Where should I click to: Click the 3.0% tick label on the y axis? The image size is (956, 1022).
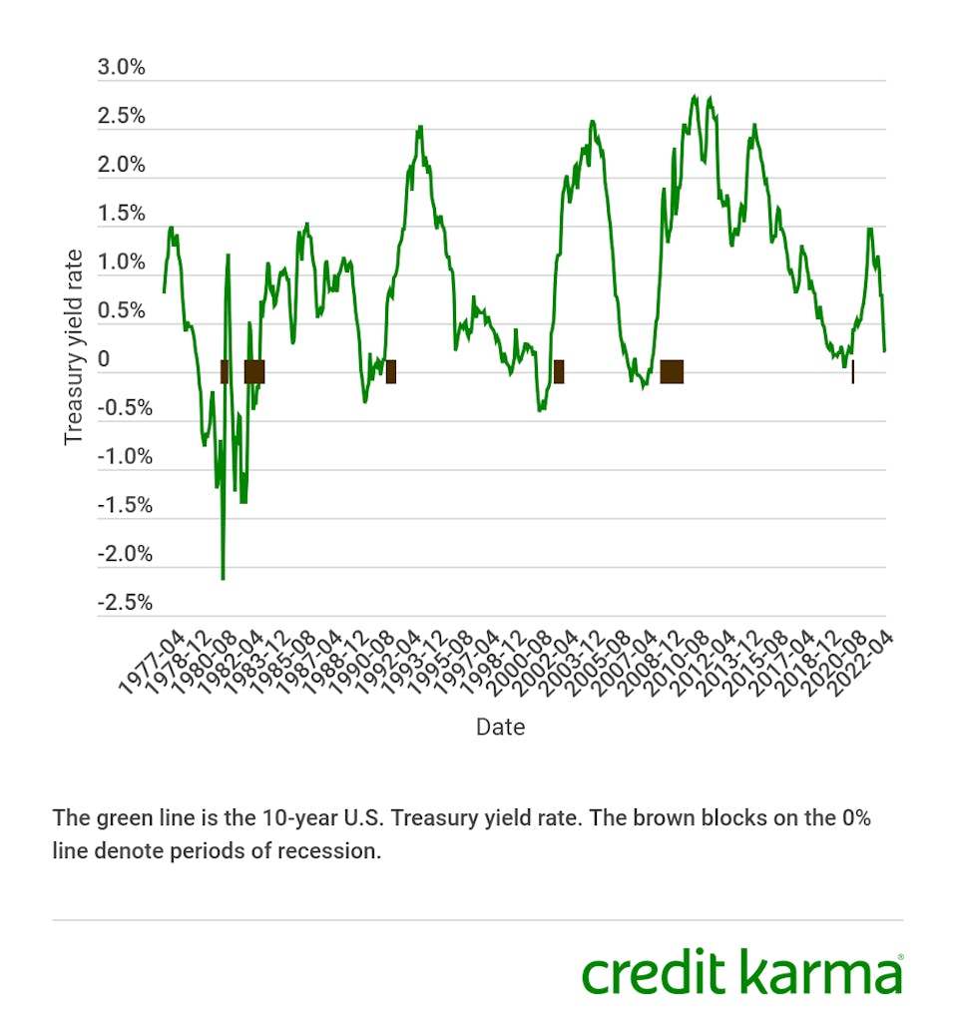122,68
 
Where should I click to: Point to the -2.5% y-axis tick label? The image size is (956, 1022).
125,603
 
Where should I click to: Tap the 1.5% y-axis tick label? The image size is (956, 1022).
122,214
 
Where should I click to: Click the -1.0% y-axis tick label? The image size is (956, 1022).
125,457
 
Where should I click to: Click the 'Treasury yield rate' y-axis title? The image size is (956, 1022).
73,347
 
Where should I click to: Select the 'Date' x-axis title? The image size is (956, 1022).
500,727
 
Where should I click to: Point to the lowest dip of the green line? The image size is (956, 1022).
223,578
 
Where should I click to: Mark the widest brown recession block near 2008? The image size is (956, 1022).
672,371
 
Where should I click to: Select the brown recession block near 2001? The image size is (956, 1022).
559,371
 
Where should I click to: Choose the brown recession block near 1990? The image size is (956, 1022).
391,371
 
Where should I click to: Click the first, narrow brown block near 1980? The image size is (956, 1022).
225,371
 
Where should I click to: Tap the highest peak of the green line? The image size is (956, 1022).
695,97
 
